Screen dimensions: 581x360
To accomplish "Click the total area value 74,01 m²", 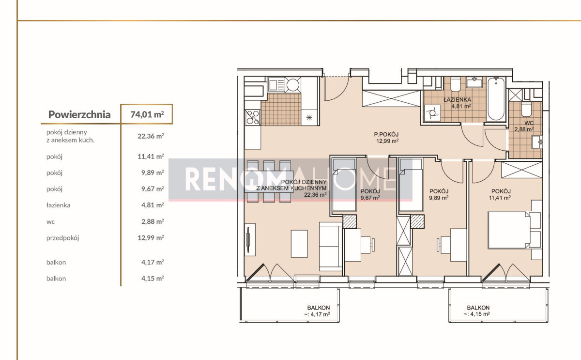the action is (x=147, y=114).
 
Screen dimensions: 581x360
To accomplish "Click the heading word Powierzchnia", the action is (x=79, y=114).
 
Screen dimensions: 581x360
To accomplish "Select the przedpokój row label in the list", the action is (x=62, y=238).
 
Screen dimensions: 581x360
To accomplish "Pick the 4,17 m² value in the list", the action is (x=153, y=262).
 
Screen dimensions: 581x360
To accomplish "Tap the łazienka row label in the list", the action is (x=59, y=205).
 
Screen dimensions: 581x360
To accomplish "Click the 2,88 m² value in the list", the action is (x=153, y=221).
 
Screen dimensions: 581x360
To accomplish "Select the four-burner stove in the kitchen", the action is (x=253, y=117).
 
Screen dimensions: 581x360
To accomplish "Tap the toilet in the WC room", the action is (x=527, y=109).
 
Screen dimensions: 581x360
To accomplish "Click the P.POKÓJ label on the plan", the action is (x=386, y=134).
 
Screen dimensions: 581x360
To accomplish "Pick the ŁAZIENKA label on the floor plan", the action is (x=457, y=99).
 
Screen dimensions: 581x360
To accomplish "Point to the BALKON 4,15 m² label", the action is (x=478, y=311).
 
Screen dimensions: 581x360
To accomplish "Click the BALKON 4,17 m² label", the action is (x=318, y=311).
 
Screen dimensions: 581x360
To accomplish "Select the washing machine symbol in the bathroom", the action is (x=432, y=113).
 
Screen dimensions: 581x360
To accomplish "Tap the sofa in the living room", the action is (x=330, y=246).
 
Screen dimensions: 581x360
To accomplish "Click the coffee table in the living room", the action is (x=299, y=244).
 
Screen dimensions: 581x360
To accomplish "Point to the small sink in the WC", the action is (x=537, y=142).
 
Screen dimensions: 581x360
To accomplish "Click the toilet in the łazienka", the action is (x=455, y=84).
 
